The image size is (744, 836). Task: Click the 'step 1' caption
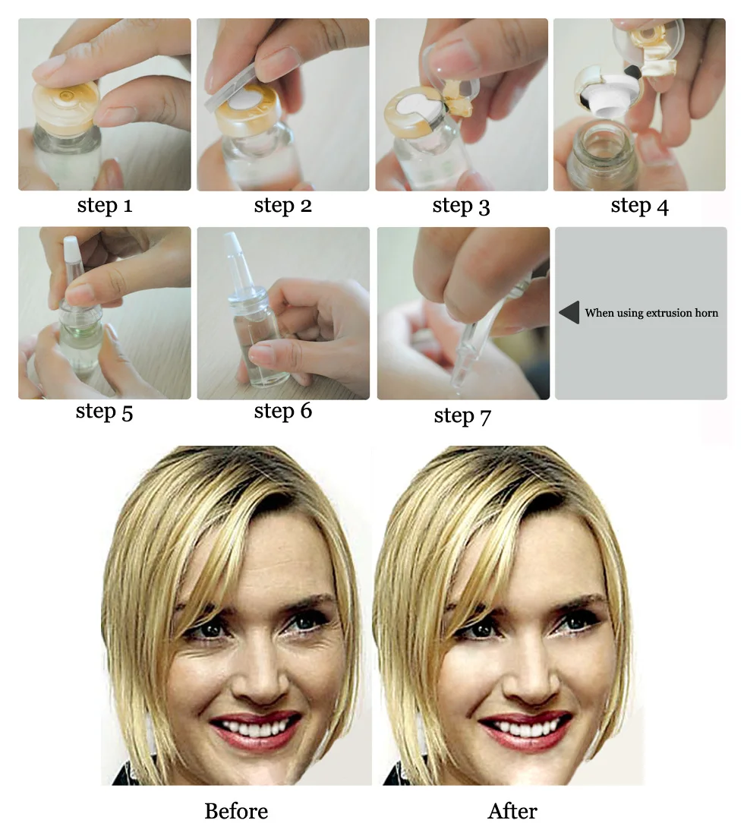click(x=105, y=206)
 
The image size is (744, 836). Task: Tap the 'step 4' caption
click(x=639, y=206)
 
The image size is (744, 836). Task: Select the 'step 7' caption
click(x=462, y=416)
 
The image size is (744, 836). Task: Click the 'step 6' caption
click(x=283, y=412)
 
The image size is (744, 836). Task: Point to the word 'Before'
click(x=236, y=811)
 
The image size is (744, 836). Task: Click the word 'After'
click(x=513, y=811)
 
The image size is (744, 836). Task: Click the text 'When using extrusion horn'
click(x=651, y=313)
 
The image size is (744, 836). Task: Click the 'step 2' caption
click(x=283, y=206)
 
